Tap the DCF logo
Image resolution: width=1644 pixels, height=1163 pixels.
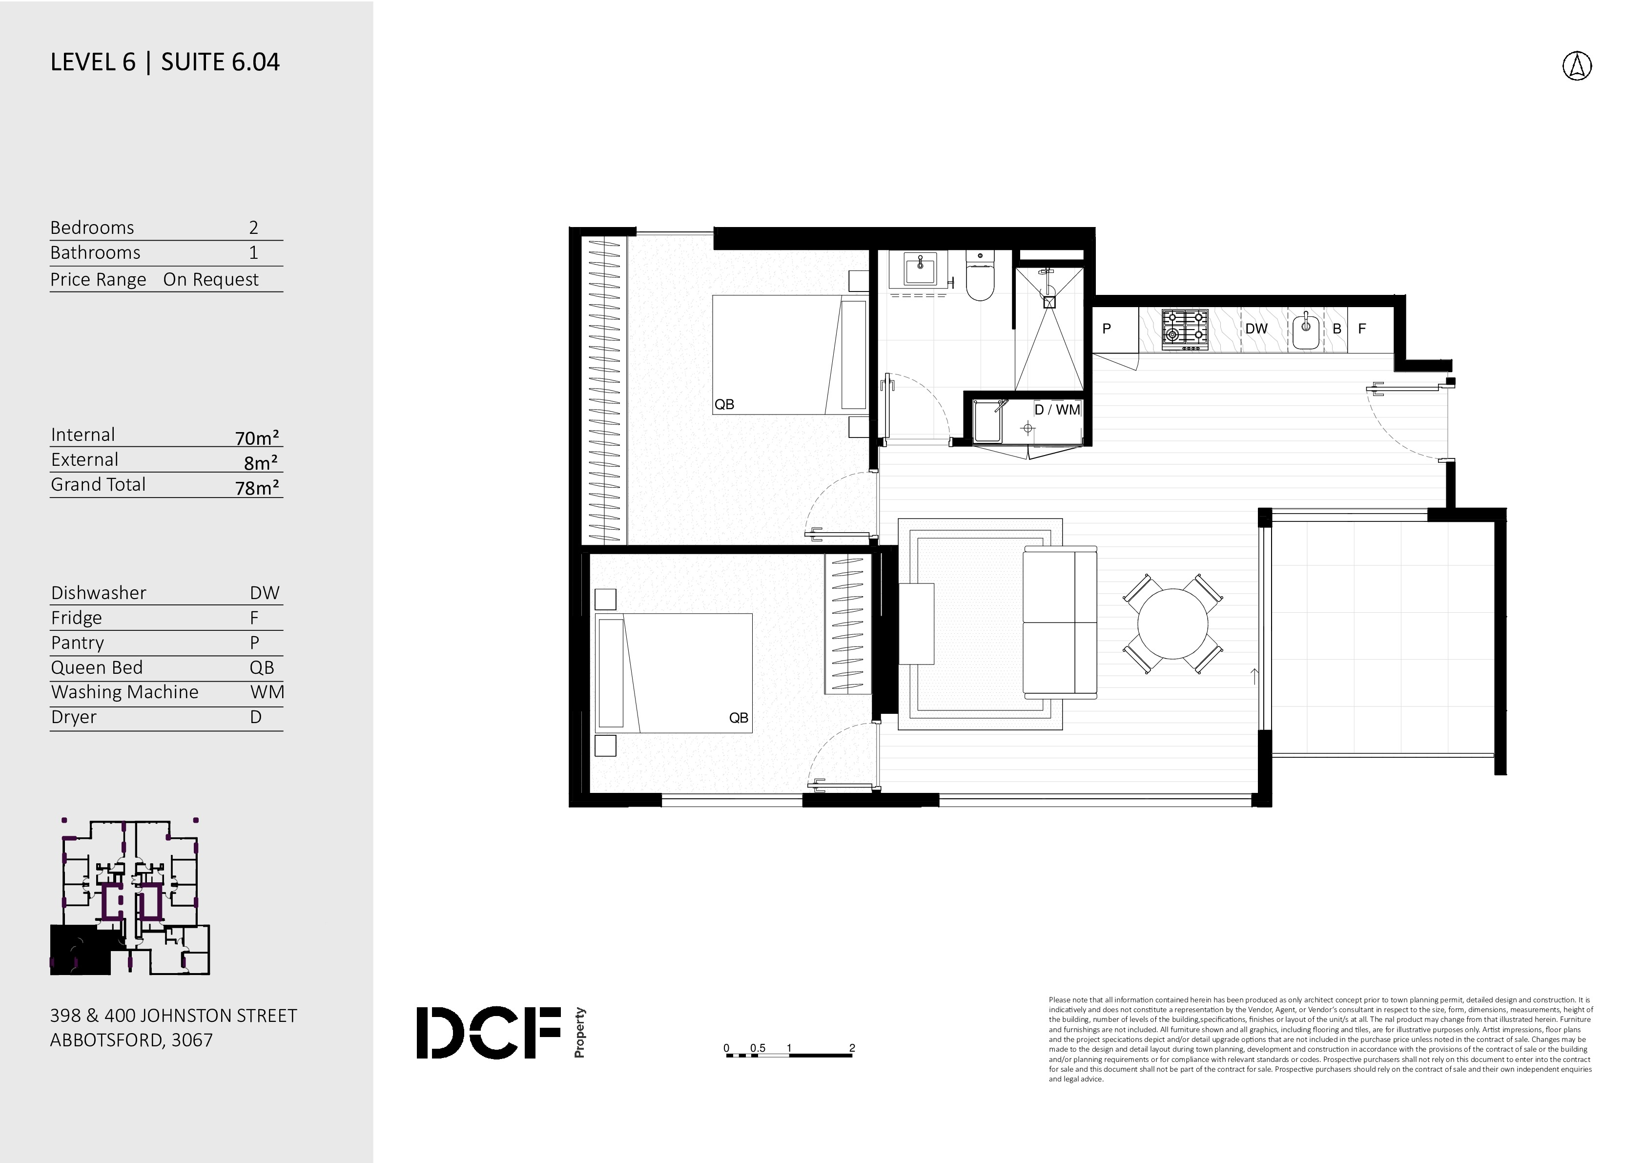pyautogui.click(x=501, y=1033)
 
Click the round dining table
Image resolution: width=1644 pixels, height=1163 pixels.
pyautogui.click(x=1173, y=624)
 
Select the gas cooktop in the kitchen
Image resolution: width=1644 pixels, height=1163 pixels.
pyautogui.click(x=1184, y=330)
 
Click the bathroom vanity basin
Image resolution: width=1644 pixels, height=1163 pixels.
pyautogui.click(x=919, y=270)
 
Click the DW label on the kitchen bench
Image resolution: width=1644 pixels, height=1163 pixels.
pyautogui.click(x=1256, y=329)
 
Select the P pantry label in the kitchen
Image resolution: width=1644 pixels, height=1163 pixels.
pyautogui.click(x=1106, y=329)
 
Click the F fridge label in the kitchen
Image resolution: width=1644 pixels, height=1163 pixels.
pyautogui.click(x=1362, y=329)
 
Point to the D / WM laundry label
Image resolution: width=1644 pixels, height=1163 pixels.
pyautogui.click(x=1057, y=410)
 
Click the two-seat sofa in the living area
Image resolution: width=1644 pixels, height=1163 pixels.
pyautogui.click(x=1060, y=622)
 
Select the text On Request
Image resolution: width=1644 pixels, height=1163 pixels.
pyautogui.click(x=210, y=279)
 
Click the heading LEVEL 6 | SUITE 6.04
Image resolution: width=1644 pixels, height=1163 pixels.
pyautogui.click(x=164, y=62)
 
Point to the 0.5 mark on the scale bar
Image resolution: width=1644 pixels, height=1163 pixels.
pyautogui.click(x=758, y=1048)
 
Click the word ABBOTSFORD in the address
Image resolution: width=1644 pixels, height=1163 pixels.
pyautogui.click(x=107, y=1040)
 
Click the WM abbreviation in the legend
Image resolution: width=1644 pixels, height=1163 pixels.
pyautogui.click(x=267, y=692)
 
